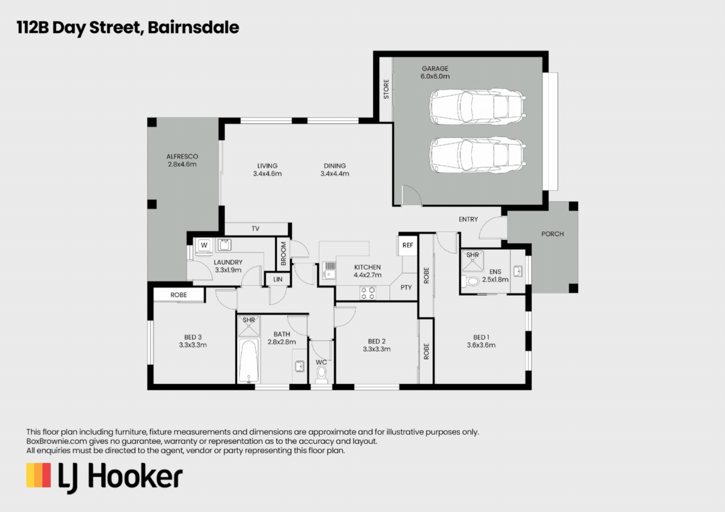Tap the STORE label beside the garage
386,89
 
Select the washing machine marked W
204,245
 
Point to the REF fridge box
408,245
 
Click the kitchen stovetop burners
368,293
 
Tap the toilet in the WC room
321,374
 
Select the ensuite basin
518,271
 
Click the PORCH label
552,234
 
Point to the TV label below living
255,229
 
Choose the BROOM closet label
283,253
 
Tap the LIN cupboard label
277,279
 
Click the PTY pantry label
406,287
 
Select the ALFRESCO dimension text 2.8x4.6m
182,164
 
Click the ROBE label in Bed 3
179,295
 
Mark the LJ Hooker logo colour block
39,475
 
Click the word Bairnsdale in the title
193,27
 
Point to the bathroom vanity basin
299,366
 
